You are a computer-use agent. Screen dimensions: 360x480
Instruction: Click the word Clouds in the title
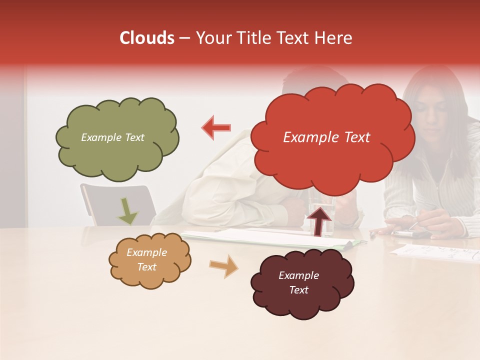[x=147, y=38]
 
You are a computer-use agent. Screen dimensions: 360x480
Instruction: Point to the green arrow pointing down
[x=127, y=210]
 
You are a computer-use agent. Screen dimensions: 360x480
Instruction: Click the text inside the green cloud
[x=112, y=137]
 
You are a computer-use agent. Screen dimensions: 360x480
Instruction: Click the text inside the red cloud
[x=326, y=137]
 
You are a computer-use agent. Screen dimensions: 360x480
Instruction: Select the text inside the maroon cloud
[x=298, y=282]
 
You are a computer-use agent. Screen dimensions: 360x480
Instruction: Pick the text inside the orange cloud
[x=146, y=259]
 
